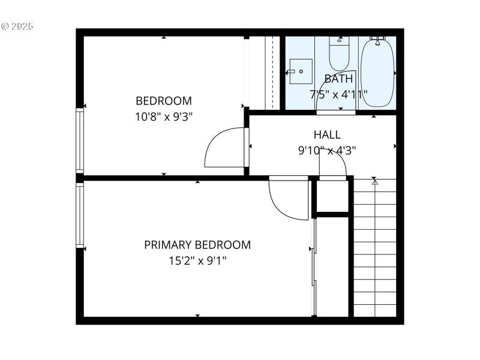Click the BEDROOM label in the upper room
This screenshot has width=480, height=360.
tap(163, 101)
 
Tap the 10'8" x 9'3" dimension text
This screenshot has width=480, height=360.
tap(163, 116)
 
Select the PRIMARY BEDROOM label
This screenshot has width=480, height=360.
tap(197, 245)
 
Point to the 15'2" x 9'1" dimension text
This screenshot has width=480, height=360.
tap(197, 260)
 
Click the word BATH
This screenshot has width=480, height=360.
tap(338, 79)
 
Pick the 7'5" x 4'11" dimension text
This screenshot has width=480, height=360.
tap(338, 94)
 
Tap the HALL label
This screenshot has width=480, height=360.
tap(327, 135)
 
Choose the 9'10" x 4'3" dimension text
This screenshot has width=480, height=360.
tap(327, 151)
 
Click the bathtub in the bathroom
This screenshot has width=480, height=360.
tap(377, 72)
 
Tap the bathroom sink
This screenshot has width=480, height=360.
tap(301, 71)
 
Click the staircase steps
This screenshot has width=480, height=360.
tap(375, 252)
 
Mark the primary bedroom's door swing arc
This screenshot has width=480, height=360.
tap(286, 201)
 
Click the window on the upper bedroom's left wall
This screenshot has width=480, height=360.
tap(80, 140)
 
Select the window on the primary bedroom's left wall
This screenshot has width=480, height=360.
tap(80, 215)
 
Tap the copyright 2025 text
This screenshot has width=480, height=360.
tap(17, 26)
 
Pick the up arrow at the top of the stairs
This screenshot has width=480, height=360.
tap(375, 182)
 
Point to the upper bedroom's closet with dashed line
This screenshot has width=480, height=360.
tap(265, 72)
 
